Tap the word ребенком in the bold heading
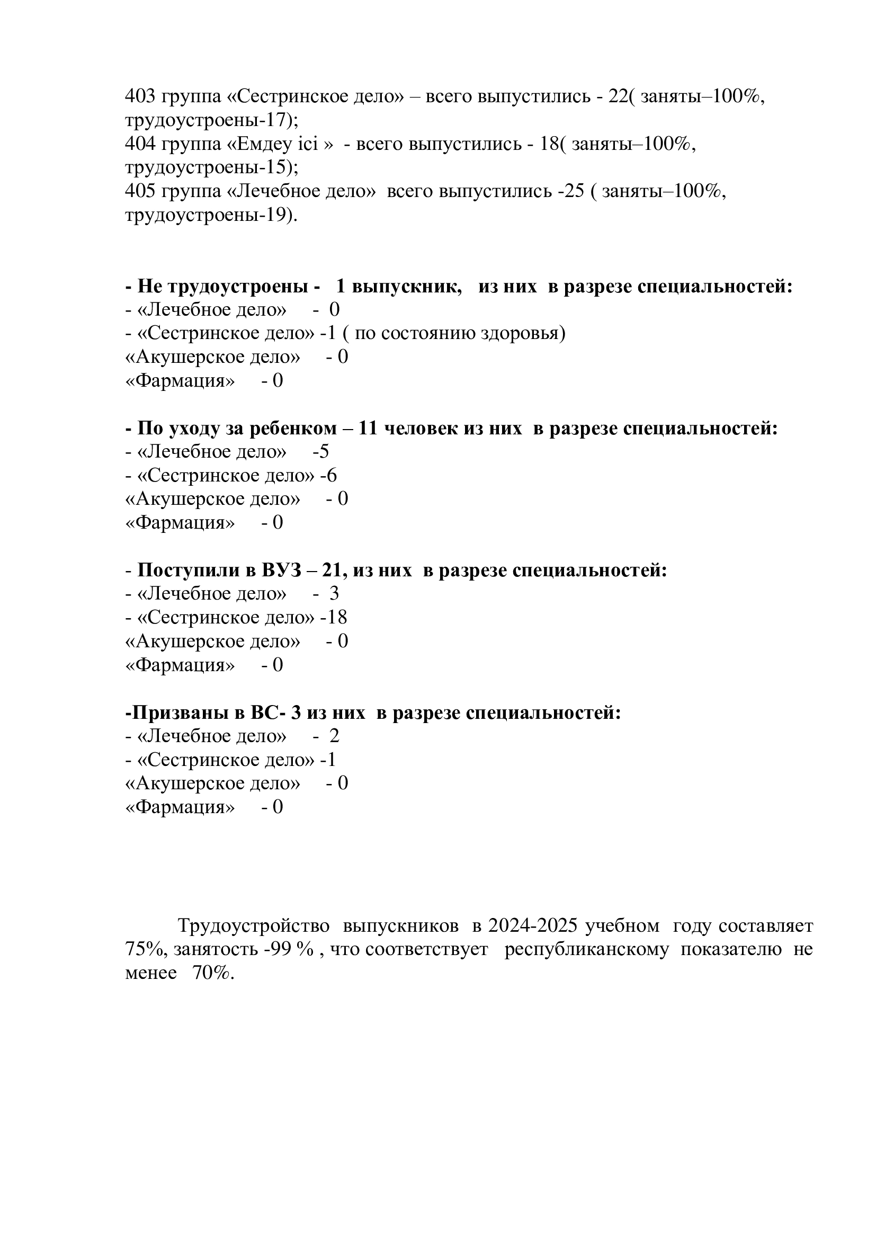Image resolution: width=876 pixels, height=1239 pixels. pyautogui.click(x=290, y=429)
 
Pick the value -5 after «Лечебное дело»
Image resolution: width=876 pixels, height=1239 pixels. pyautogui.click(x=320, y=452)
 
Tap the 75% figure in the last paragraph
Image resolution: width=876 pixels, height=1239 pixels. pyautogui.click(x=145, y=950)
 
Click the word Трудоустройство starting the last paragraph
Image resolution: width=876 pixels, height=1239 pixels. pyautogui.click(x=254, y=926)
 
